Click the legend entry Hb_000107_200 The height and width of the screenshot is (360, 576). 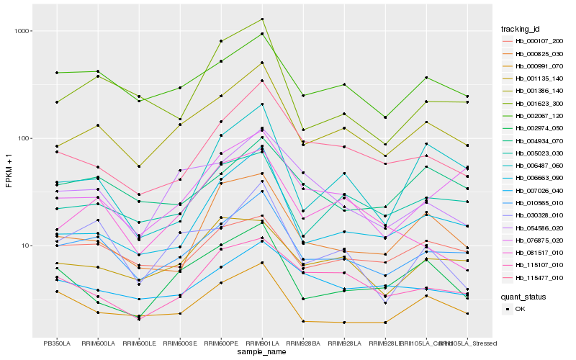pos(539,41)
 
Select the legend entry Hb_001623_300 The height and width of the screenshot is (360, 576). pos(539,103)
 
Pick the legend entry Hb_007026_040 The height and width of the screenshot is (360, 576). pos(539,190)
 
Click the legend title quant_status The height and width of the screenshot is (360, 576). pos(524,296)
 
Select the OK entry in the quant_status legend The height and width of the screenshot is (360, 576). pos(520,308)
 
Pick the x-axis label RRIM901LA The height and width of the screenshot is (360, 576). pos(262,342)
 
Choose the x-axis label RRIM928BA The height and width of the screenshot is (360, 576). pos(303,342)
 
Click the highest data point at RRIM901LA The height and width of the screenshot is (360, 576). pos(262,19)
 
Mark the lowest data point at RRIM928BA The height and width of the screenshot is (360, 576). pos(303,321)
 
